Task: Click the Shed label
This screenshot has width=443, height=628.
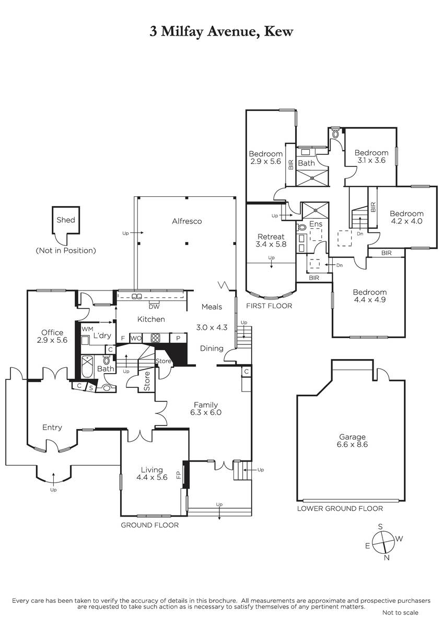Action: [x=66, y=220]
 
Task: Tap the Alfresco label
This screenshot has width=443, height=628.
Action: [x=186, y=221]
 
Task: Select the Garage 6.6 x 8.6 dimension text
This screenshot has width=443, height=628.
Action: [x=352, y=444]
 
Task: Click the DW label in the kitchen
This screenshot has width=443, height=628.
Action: [x=154, y=307]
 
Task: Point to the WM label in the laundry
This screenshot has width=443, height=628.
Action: [x=87, y=329]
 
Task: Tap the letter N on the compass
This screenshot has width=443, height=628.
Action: [x=387, y=558]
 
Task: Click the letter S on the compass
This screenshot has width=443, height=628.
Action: [x=380, y=526]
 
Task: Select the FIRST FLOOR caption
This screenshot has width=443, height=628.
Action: [x=269, y=306]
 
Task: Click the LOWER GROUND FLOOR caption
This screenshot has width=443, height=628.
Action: [x=340, y=508]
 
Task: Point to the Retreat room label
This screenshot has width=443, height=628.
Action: [x=271, y=237]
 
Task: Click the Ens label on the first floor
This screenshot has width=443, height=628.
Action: [x=316, y=224]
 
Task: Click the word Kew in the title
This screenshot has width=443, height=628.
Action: [x=279, y=31]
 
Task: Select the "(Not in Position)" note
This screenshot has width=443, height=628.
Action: [x=66, y=250]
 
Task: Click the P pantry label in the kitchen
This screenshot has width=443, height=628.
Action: [x=178, y=339]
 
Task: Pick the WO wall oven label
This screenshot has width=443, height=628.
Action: [x=136, y=339]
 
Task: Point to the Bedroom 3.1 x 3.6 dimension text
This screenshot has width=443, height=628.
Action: [x=371, y=160]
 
